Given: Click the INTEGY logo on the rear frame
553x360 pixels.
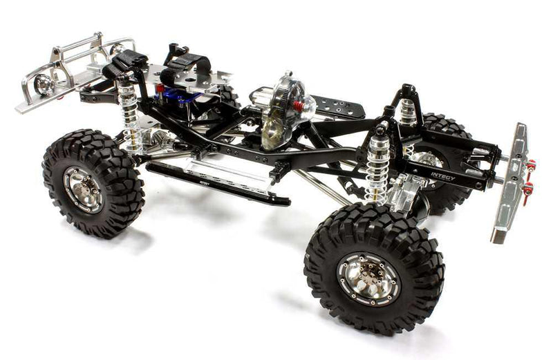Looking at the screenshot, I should (x=443, y=176).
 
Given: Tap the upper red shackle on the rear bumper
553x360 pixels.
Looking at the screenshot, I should (x=531, y=165).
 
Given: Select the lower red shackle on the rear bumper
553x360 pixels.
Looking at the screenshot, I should (x=528, y=188).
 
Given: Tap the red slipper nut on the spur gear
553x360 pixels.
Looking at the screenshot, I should (x=299, y=106).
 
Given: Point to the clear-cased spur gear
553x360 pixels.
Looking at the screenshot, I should (x=283, y=111).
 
